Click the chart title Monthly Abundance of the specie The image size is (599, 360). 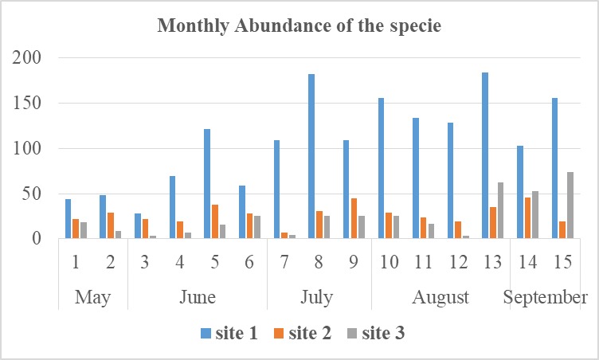point(299,25)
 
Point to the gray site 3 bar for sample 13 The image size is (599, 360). point(500,210)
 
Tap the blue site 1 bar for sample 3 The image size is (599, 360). point(138,226)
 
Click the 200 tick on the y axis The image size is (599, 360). point(33,58)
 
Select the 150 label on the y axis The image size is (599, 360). point(33,104)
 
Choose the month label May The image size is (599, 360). point(93,297)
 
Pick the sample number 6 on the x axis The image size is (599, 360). point(249,261)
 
